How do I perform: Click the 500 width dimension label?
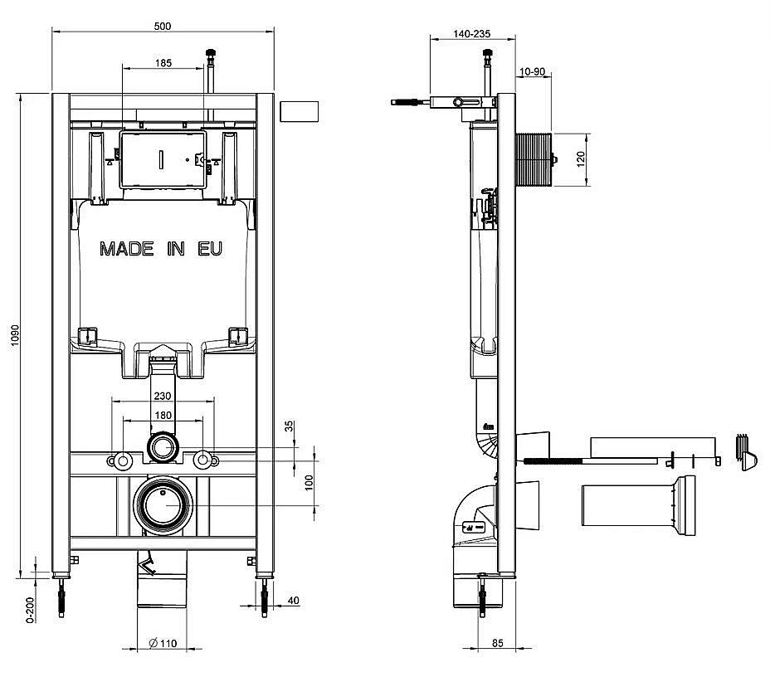(x=163, y=26)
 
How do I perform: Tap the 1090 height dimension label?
(x=15, y=335)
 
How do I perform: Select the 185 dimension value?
(x=163, y=63)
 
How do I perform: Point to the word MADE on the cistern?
(x=127, y=249)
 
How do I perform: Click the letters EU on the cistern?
(x=210, y=249)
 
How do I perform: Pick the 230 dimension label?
(x=163, y=396)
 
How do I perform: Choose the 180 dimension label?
(x=163, y=416)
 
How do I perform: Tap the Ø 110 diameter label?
(x=163, y=643)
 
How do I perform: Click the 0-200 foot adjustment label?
(x=31, y=611)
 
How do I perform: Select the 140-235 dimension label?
(x=471, y=34)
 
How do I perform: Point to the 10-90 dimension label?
(x=533, y=71)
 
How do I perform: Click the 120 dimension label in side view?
(x=581, y=159)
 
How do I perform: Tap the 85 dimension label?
(x=498, y=643)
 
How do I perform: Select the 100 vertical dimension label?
(x=309, y=483)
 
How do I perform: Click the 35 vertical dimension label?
(x=290, y=426)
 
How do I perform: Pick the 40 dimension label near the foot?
(x=293, y=601)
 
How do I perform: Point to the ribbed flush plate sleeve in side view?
(x=534, y=159)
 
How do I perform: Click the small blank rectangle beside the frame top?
(x=299, y=111)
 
